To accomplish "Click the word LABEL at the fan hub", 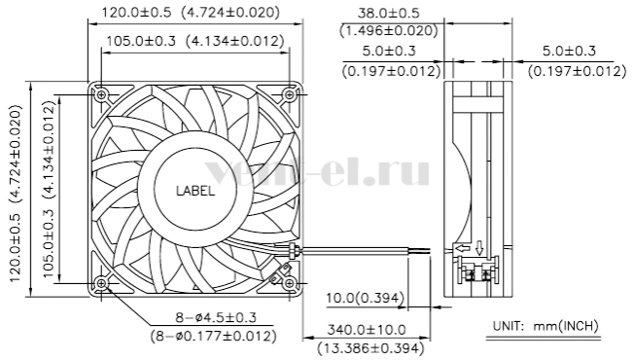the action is pos(195,191).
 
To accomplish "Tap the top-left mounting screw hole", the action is pos(101,95).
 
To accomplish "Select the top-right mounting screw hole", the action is pos(289,95).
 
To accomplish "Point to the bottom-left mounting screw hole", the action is pos(101,283).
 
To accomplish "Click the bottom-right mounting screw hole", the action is pos(289,283).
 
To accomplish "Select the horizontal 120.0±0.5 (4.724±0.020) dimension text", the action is pos(191,13).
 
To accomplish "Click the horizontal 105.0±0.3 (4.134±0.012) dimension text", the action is pos(195,41).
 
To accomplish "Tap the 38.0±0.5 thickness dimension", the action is pos(389,13).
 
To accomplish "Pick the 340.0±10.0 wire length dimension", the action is pos(367,330).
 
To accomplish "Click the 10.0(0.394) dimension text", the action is pos(365,298).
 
